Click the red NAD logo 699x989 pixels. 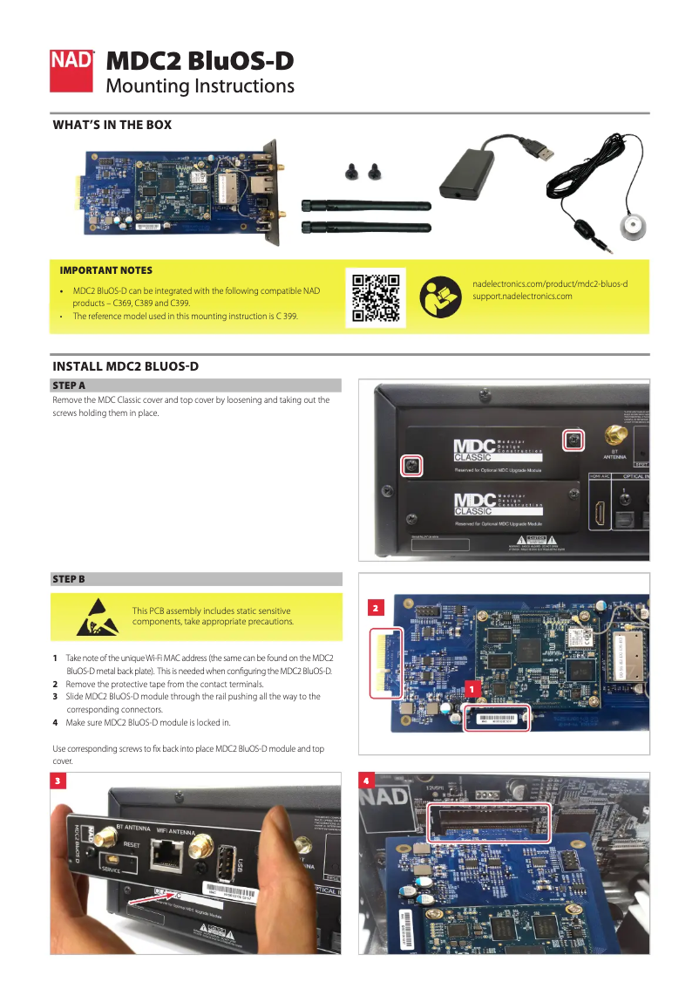point(72,71)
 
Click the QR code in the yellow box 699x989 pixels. point(376,297)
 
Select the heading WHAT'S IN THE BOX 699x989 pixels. point(112,125)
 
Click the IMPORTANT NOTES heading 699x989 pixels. point(105,270)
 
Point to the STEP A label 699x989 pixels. point(69,385)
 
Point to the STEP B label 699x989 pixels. point(69,579)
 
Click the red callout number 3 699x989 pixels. point(58,781)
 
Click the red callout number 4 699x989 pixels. point(367,781)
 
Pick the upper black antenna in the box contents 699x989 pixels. point(365,206)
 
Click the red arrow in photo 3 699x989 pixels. point(150,897)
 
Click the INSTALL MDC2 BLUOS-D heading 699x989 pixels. point(126,365)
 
